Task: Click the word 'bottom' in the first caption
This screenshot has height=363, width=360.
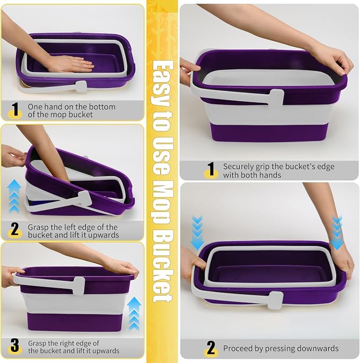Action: click(x=103, y=107)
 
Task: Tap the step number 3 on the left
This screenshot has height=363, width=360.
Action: click(x=15, y=346)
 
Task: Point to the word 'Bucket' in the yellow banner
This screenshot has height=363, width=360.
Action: click(x=162, y=265)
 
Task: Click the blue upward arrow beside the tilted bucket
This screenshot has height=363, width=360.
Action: click(x=14, y=196)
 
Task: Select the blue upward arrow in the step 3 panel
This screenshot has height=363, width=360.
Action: click(x=134, y=314)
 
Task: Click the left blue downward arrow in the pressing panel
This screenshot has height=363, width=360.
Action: click(x=197, y=232)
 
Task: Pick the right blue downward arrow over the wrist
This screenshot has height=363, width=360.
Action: click(x=337, y=232)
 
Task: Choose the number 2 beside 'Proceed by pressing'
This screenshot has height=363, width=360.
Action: click(x=210, y=348)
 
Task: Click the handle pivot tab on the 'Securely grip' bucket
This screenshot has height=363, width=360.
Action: click(x=276, y=100)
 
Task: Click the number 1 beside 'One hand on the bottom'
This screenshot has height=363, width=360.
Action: click(x=15, y=109)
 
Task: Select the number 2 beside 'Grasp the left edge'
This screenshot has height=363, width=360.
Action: click(x=15, y=229)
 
